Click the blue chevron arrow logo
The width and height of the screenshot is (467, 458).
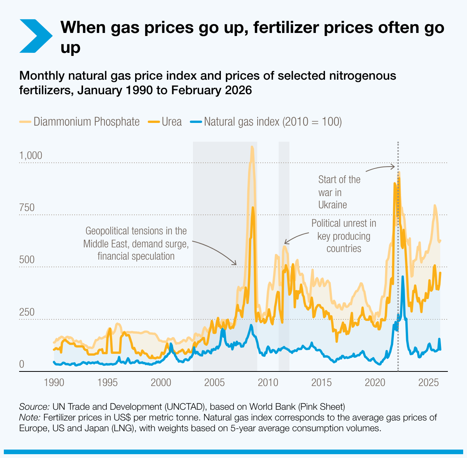click(35, 36)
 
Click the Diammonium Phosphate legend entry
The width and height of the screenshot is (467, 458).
click(80, 122)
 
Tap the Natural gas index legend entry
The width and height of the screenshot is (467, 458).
click(266, 122)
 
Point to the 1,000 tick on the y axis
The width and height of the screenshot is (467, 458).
click(31, 156)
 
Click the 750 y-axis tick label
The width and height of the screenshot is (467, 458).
click(27, 208)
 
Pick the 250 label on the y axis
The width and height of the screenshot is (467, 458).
click(27, 312)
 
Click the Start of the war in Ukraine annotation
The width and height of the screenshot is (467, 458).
click(339, 192)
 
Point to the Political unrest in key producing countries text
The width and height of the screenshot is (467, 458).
click(344, 236)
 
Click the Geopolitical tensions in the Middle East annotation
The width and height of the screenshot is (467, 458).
click(136, 244)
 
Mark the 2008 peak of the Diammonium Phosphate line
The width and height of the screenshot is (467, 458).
click(251, 147)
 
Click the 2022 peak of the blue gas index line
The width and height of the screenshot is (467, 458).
click(403, 276)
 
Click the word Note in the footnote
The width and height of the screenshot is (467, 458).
click(30, 417)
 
